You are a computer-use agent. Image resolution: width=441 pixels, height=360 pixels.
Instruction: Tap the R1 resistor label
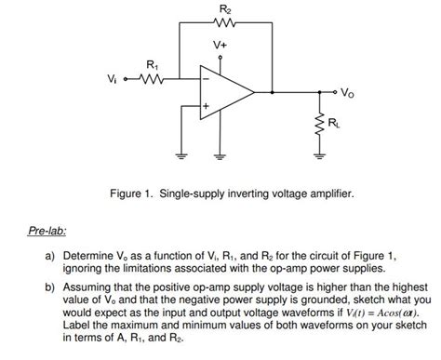[x=154, y=64]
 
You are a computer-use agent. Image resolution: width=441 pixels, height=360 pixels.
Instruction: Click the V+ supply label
[x=220, y=44]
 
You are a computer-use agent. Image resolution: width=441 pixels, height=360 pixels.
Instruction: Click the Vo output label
[x=347, y=93]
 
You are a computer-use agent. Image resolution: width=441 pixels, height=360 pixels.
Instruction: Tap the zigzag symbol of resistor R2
[x=223, y=22]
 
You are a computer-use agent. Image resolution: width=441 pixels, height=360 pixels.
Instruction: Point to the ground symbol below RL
[x=317, y=153]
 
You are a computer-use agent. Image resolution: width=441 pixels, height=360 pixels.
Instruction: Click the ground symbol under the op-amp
[x=220, y=153]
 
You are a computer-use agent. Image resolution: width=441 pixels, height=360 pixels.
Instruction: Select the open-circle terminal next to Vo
[x=334, y=92]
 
